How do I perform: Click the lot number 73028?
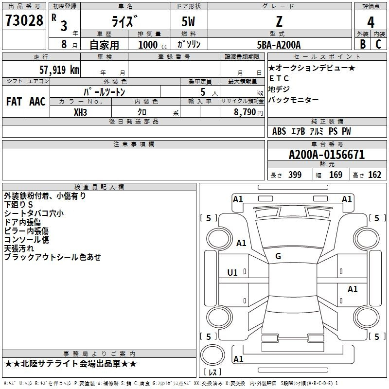pos(24,20)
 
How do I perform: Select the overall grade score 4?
pos(371,22)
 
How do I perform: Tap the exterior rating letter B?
pos(363,44)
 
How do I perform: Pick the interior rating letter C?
pos(378,44)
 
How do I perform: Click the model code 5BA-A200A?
pos(279,45)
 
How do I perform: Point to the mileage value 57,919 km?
pos(59,70)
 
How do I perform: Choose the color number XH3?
pos(80,112)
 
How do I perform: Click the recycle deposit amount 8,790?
pos(245,112)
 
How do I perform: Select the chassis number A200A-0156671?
pos(327,155)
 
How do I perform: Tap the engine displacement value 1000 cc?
pos(153,45)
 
